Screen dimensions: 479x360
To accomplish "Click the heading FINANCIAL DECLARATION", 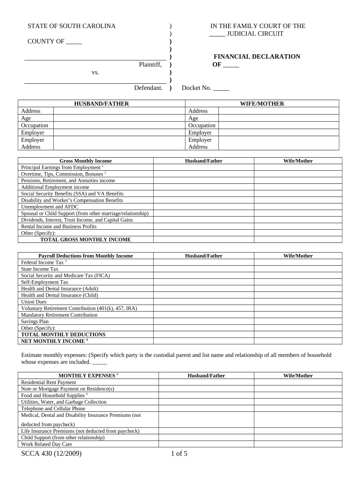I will pos(257,57).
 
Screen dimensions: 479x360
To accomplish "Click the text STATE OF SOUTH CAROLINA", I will pos(71,26).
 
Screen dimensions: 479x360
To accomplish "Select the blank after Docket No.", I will pos(221,88).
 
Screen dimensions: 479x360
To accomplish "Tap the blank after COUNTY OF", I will pos(74,42).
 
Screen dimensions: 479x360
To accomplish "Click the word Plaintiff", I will pos(150,65).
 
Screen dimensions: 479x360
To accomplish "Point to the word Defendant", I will pos(148,88).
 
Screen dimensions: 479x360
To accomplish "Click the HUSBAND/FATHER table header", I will pos(101,104).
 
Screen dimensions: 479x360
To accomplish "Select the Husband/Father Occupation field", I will pos(119,125).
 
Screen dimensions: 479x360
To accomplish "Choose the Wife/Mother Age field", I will pos(279,118).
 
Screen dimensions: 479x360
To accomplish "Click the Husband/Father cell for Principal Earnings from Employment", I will pos(203,167).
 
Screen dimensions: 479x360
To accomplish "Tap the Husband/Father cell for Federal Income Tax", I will pos(203,262).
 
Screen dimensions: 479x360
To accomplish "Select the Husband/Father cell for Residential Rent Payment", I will pos(206,382).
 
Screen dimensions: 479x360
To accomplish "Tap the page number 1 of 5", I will pos(179,453).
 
